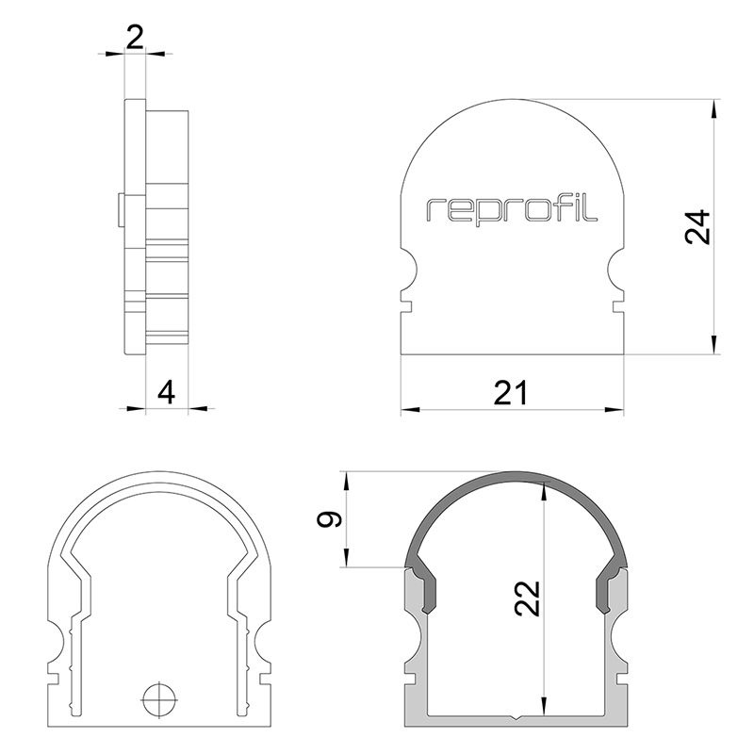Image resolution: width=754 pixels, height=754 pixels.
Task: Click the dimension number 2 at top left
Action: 135,37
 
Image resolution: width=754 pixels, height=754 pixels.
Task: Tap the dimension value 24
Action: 696,227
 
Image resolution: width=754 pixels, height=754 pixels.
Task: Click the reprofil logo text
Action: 512,209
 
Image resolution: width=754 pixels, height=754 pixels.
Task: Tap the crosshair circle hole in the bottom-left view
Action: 159,699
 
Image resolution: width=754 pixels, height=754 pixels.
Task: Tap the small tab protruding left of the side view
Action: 121,209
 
